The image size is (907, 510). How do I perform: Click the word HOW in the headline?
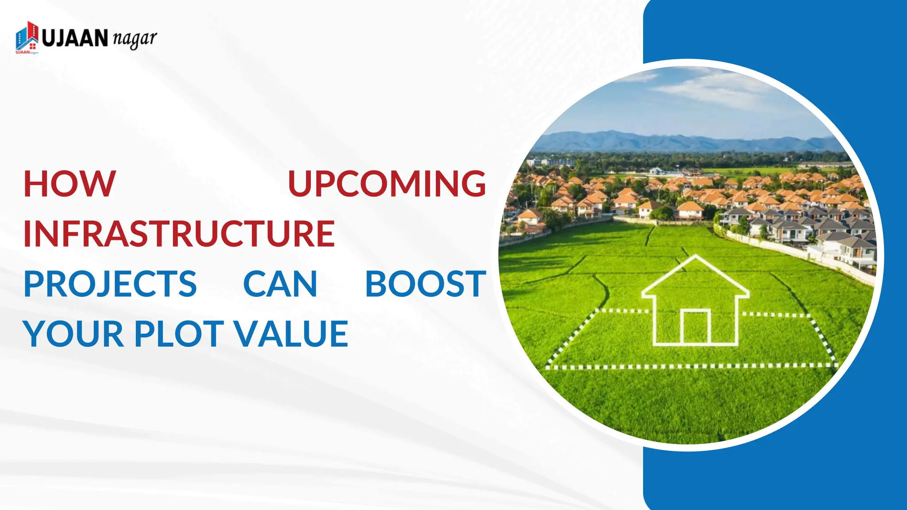70,184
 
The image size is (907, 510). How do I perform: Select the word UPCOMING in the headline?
387,184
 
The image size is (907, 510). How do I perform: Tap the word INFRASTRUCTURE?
179,234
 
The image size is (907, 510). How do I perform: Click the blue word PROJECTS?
110,284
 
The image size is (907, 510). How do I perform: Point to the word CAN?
280,284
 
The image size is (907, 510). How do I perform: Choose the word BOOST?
426,284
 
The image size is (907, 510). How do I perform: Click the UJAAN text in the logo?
75,38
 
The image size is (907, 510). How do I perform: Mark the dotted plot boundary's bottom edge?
691,367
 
